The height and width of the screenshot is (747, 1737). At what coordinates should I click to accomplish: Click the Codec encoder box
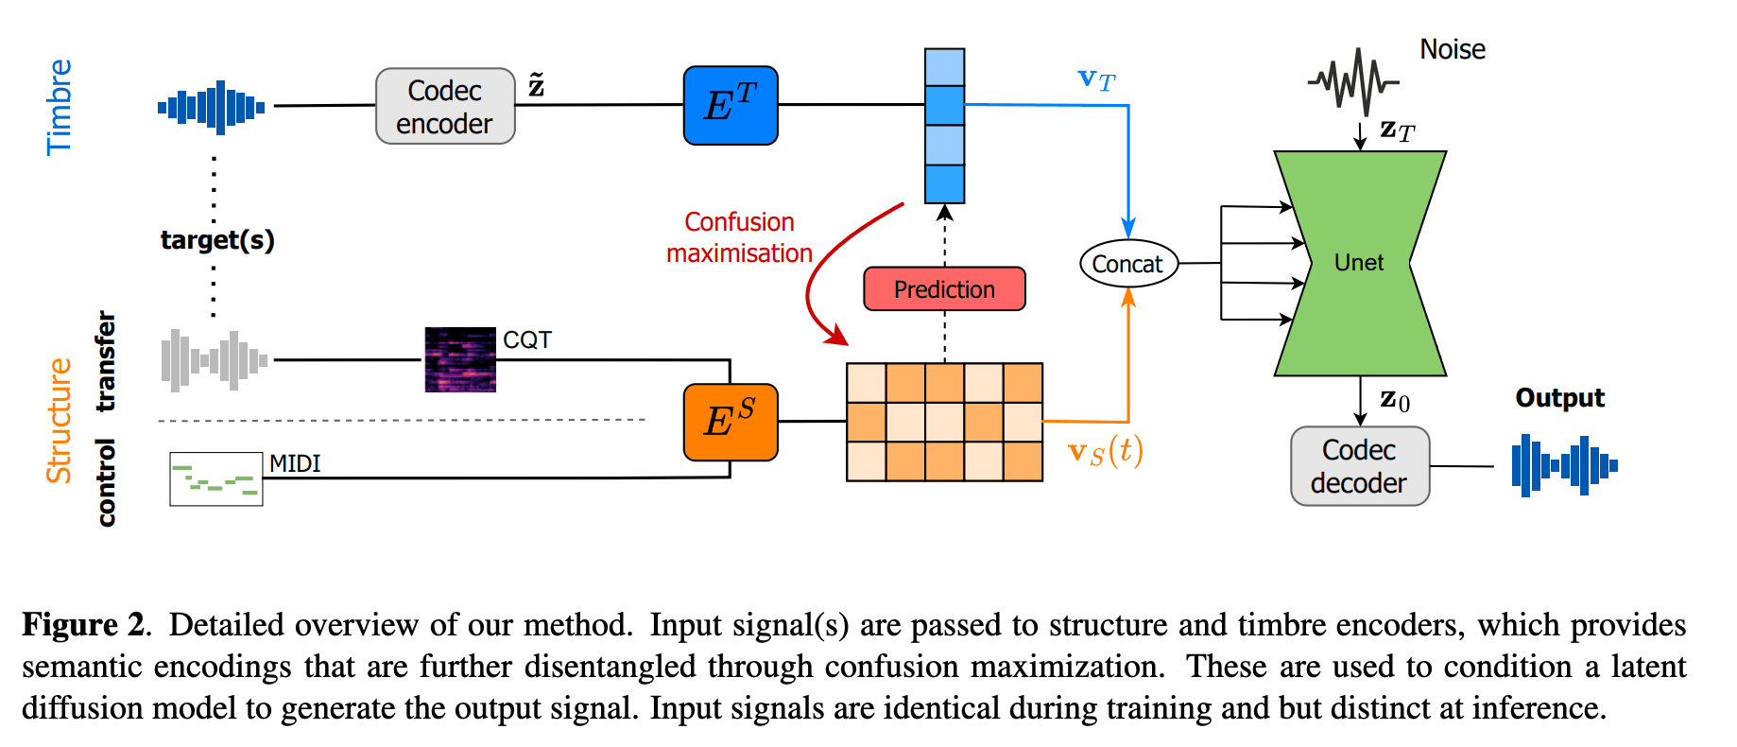(445, 106)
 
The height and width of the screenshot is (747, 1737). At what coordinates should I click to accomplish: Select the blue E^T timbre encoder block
(731, 106)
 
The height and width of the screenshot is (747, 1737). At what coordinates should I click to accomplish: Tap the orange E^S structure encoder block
(731, 422)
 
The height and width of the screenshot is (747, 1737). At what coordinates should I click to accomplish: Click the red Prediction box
(944, 289)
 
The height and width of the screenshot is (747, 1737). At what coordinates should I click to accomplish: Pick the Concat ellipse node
(1128, 264)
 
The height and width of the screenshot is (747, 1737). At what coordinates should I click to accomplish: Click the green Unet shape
(1359, 263)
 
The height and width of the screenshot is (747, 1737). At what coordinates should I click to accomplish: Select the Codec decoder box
(1359, 466)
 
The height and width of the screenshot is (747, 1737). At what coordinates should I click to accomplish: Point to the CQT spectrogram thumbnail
(460, 359)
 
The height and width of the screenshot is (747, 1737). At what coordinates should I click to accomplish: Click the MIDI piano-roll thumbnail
(216, 478)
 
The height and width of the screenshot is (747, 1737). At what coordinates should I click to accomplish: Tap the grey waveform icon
(215, 360)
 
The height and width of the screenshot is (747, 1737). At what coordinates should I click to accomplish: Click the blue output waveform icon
(1564, 465)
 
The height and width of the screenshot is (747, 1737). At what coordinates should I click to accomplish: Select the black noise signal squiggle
(1353, 82)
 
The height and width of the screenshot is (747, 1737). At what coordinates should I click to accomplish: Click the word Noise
(1453, 49)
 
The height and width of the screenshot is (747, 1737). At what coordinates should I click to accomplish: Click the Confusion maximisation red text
(739, 237)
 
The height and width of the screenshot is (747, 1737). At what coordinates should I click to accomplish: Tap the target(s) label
(217, 239)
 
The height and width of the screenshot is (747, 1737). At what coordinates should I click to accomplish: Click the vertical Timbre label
(59, 107)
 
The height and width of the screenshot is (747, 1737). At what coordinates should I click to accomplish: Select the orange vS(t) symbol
(1105, 452)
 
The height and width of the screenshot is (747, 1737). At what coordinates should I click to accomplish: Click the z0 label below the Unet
(1395, 400)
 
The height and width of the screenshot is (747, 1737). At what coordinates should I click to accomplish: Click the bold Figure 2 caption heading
(83, 625)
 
